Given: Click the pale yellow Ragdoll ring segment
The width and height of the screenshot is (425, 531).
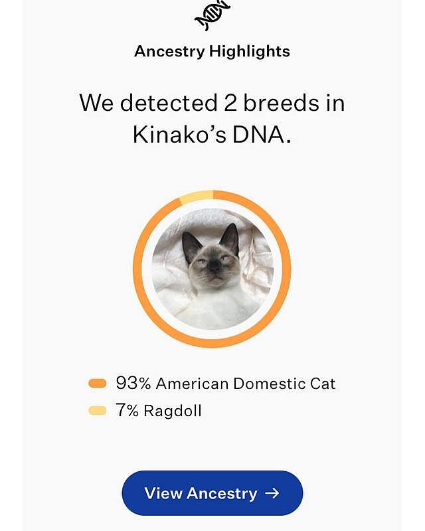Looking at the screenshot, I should pyautogui.click(x=196, y=196).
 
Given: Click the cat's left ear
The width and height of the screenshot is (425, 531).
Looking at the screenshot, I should pyautogui.click(x=191, y=245).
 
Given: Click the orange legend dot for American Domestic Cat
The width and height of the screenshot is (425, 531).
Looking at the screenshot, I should pyautogui.click(x=98, y=383).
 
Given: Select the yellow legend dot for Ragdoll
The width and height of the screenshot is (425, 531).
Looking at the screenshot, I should pyautogui.click(x=98, y=411).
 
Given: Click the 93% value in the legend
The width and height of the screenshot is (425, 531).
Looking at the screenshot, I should pyautogui.click(x=133, y=383).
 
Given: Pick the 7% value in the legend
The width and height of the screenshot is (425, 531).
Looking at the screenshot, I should pyautogui.click(x=127, y=411).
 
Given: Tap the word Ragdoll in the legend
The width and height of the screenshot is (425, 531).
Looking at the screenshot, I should pyautogui.click(x=173, y=411).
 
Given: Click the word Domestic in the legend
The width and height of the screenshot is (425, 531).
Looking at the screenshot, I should pyautogui.click(x=269, y=383).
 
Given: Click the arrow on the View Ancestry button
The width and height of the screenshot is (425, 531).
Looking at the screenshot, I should pyautogui.click(x=272, y=493).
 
